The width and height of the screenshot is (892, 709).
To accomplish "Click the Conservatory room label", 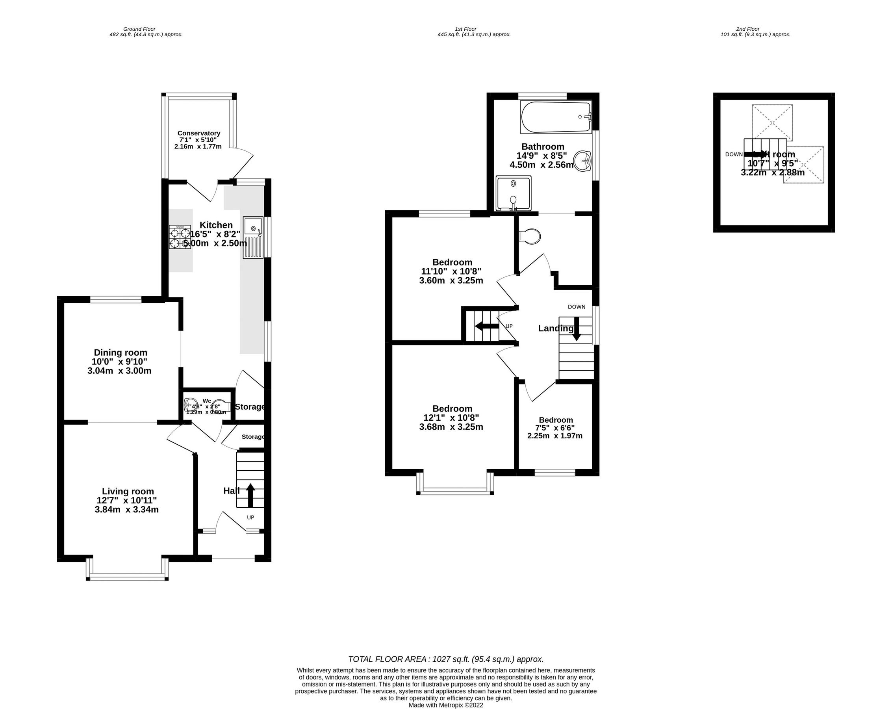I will tap(198, 133).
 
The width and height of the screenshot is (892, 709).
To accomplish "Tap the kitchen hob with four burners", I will tap(180, 237).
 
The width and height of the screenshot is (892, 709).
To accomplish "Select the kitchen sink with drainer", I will tap(253, 238).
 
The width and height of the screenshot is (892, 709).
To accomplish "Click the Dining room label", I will tap(121, 353).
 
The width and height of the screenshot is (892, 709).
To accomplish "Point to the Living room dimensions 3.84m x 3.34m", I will tap(126, 510).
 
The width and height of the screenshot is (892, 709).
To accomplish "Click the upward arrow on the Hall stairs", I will tap(250, 495).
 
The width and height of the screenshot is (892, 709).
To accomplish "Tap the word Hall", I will tap(231, 491).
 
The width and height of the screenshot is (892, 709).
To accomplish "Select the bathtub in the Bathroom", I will tap(556, 117).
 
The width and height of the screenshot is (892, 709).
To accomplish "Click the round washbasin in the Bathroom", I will tap(583, 161).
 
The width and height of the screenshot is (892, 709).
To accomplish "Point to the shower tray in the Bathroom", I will tap(513, 193).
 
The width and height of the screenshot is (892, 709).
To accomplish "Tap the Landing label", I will tap(556, 328).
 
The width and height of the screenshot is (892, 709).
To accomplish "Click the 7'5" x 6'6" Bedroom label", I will tap(556, 420).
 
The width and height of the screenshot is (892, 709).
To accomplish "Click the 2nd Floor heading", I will tap(747, 29).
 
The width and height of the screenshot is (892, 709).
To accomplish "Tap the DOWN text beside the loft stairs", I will tap(734, 154).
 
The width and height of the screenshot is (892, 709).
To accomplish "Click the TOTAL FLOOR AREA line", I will tap(445, 659).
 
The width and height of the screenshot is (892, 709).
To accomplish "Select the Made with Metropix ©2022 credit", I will tap(445, 705).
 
